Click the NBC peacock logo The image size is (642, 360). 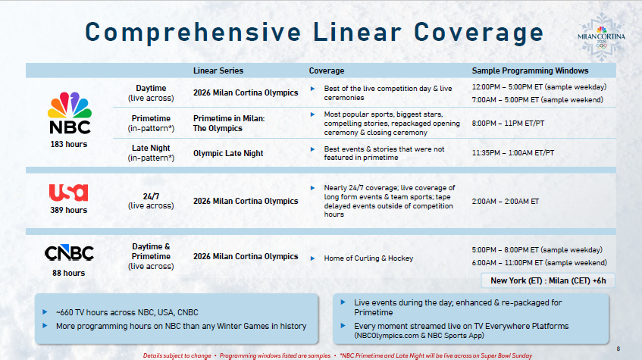coord(69,112)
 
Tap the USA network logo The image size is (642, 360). coord(68,193)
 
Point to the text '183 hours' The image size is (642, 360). coord(69,144)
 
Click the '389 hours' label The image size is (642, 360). coord(69,210)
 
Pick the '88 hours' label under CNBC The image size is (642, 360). coord(69,273)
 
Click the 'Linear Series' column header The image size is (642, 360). coord(218,70)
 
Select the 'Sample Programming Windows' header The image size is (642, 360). coord(530,70)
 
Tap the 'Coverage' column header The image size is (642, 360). coord(326,70)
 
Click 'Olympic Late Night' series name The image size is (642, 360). coord(228,153)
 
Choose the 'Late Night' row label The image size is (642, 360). coord(151,148)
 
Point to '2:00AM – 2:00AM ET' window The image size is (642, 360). coord(506,202)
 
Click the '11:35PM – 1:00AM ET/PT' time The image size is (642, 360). coord(513,153)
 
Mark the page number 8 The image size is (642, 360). coord(618,348)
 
